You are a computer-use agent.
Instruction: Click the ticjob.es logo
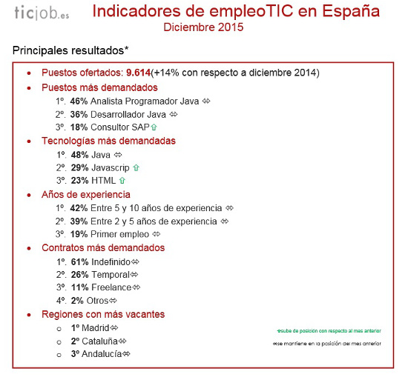coord(42,14)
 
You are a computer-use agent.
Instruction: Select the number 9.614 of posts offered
coord(138,73)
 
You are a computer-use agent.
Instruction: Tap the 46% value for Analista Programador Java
coord(79,101)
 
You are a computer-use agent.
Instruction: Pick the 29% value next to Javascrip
coord(79,168)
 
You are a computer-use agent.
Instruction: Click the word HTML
coord(104,181)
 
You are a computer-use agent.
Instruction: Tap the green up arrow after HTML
coord(122,181)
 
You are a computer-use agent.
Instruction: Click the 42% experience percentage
coord(79,208)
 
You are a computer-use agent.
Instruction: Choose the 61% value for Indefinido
coord(79,262)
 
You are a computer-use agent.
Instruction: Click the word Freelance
coord(112,288)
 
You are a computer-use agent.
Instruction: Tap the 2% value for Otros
coord(77,301)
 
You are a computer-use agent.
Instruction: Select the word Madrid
coord(96,328)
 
